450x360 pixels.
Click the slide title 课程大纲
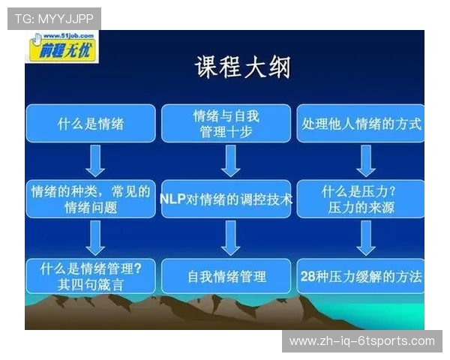tap(242, 67)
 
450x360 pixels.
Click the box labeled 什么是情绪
tap(91, 124)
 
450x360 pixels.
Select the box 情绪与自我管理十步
tap(226, 124)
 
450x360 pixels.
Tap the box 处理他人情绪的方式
tap(361, 124)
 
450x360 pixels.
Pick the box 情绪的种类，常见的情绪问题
tap(91, 199)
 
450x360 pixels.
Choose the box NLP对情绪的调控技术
tap(226, 199)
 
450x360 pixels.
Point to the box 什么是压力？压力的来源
tap(361, 199)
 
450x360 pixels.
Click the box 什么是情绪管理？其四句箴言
tap(91, 275)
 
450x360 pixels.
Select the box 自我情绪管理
tap(226, 276)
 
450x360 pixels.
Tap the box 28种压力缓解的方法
tap(361, 276)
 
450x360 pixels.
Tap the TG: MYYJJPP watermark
tap(54, 19)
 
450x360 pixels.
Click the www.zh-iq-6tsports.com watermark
tap(362, 341)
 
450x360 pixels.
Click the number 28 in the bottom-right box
tap(306, 276)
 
